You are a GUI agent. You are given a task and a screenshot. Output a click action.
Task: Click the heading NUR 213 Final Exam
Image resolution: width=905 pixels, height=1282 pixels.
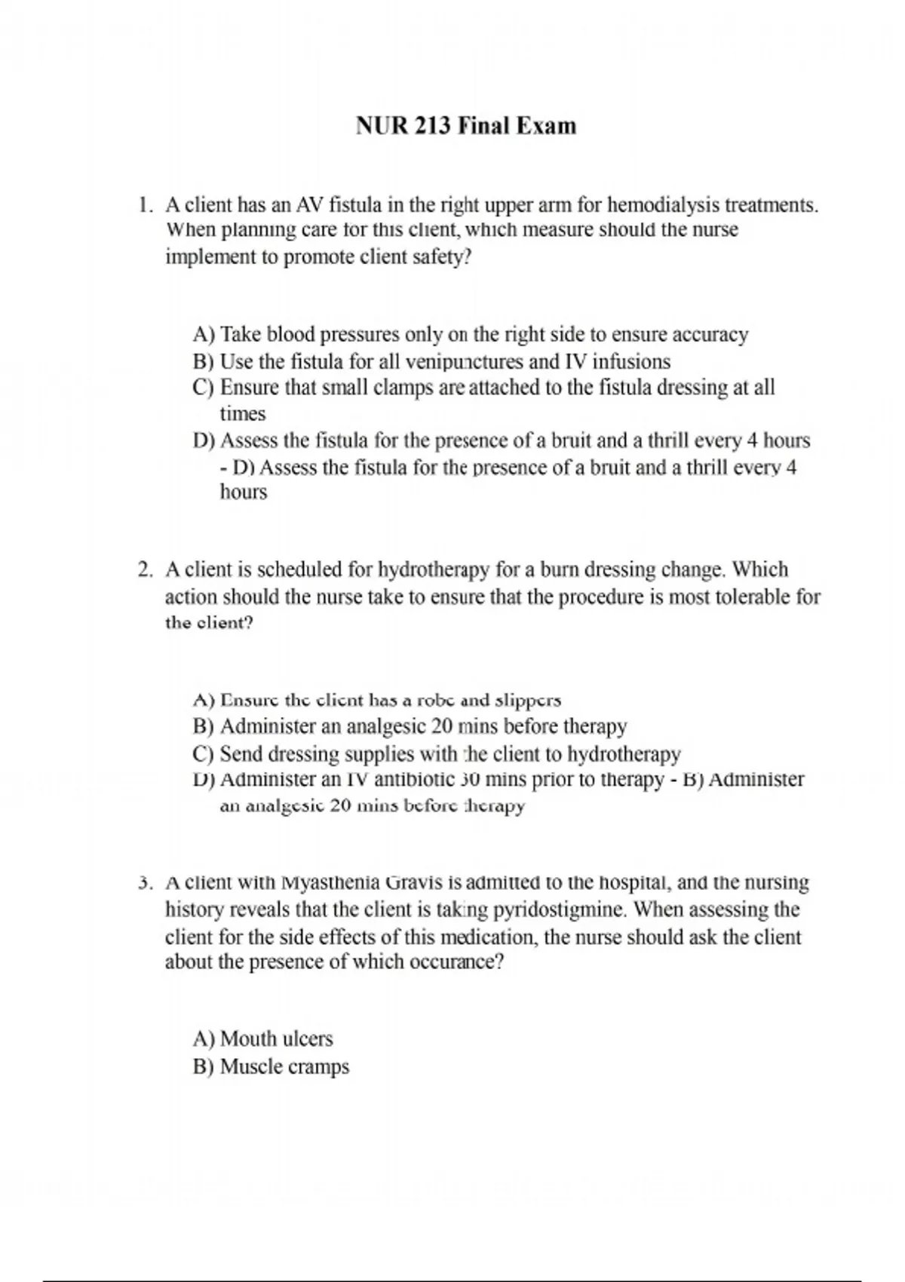point(466,125)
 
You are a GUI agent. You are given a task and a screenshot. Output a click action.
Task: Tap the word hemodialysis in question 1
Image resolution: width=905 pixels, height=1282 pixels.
point(663,205)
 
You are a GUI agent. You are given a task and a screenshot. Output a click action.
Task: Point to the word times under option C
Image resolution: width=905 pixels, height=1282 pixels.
point(243,414)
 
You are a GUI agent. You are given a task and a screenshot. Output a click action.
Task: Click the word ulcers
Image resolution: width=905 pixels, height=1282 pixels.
point(307,1039)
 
